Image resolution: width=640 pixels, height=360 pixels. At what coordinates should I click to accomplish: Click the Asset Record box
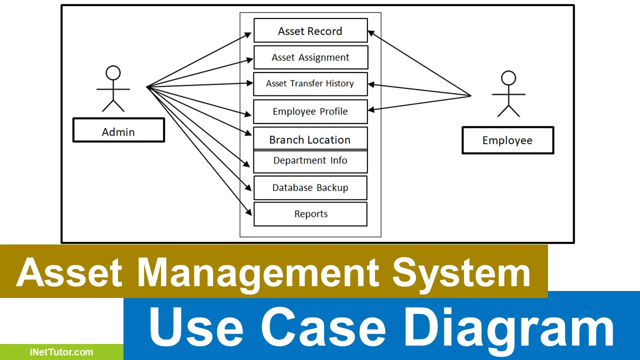pos(310,30)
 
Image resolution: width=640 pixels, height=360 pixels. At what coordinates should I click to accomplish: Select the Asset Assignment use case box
pos(311,57)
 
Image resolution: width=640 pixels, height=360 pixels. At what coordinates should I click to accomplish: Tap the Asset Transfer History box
pos(310,84)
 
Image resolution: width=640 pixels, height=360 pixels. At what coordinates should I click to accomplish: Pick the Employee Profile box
pos(310,111)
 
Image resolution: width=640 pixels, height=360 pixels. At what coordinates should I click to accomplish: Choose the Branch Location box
pos(310,138)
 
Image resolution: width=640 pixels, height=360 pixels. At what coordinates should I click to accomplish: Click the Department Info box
pos(310,161)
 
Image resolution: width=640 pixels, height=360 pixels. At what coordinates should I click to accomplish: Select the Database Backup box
pos(310,187)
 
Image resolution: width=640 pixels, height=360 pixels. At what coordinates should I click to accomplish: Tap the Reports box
pos(310,214)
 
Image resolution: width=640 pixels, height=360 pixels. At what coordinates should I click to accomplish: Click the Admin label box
pos(118,130)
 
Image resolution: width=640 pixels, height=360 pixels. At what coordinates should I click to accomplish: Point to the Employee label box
pos(507,140)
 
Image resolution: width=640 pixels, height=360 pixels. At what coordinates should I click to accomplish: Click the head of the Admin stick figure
pos(113,73)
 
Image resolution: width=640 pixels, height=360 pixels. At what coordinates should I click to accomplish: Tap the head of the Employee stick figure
pos(508,78)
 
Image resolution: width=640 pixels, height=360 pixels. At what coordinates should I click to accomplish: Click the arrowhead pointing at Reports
pos(249,212)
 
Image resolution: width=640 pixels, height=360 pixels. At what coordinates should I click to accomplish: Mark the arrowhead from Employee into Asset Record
pos(371,33)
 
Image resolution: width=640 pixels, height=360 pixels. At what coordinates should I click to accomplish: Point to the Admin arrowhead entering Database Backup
pos(248,187)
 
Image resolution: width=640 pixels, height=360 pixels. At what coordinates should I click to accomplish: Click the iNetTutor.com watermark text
pos(61,352)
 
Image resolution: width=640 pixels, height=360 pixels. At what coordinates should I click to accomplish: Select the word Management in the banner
pos(258,273)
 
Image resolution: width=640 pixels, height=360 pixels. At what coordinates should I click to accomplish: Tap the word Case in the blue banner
pos(323,326)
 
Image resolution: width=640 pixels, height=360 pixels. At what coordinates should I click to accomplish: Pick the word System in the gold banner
pos(461,273)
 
